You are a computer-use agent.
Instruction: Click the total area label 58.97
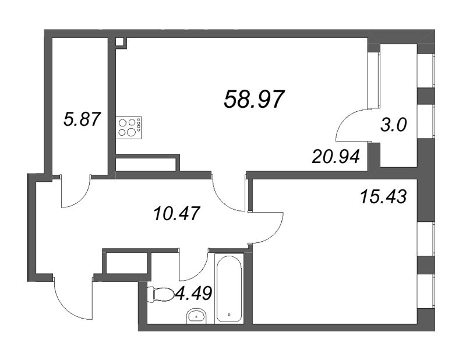point(254,99)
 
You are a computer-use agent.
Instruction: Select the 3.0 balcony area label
point(393,125)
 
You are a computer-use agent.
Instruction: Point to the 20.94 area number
point(336,157)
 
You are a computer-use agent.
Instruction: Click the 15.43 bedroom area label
point(383,197)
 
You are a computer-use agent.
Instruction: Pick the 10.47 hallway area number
point(177,213)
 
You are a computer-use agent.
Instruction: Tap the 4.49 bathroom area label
point(194,293)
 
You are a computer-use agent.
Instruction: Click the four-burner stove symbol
point(129,127)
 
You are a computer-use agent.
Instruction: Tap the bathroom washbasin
point(197,316)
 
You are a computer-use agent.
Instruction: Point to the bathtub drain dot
point(229,314)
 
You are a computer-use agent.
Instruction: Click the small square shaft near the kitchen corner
point(120,42)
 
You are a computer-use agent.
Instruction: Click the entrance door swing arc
point(64,308)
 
